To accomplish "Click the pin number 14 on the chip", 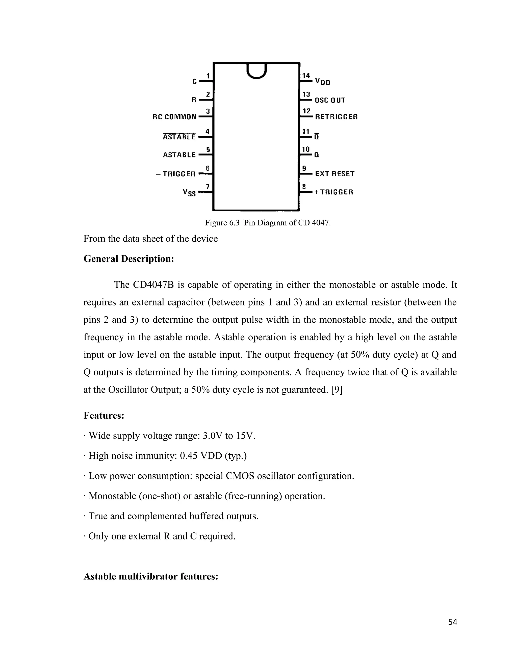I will pos(306,75).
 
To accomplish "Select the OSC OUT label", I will pos(330,100).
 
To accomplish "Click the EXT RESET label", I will pos(334,174).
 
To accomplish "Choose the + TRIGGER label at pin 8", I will pos(333,192).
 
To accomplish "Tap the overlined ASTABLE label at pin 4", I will pos(179,137).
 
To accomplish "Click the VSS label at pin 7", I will pos(189,193).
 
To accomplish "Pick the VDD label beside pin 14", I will pos(323,82).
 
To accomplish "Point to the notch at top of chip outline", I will pos(257,71).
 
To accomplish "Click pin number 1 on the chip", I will pos(208,76).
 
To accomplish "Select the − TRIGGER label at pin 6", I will pos(175,174).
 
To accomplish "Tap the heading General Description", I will pos(129,259).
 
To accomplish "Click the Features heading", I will pos(104,416).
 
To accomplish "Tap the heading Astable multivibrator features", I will pos(151,577).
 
